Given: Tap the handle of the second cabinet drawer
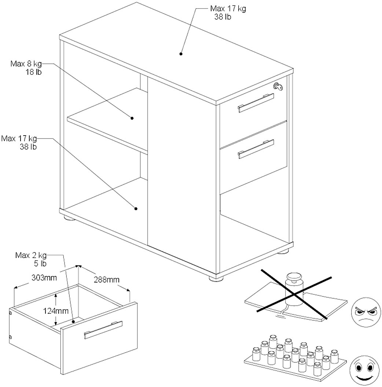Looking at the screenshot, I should (256, 149).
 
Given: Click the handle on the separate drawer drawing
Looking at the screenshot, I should (103, 330).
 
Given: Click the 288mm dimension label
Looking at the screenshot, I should (107, 280).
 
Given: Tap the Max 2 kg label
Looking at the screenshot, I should (31, 255).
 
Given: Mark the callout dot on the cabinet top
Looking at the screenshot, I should (181, 54).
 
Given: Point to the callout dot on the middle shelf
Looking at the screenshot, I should (132, 118).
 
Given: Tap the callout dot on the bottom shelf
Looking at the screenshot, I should (136, 209).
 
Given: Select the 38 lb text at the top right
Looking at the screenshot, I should (223, 17).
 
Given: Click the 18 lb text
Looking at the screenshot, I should (33, 72).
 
